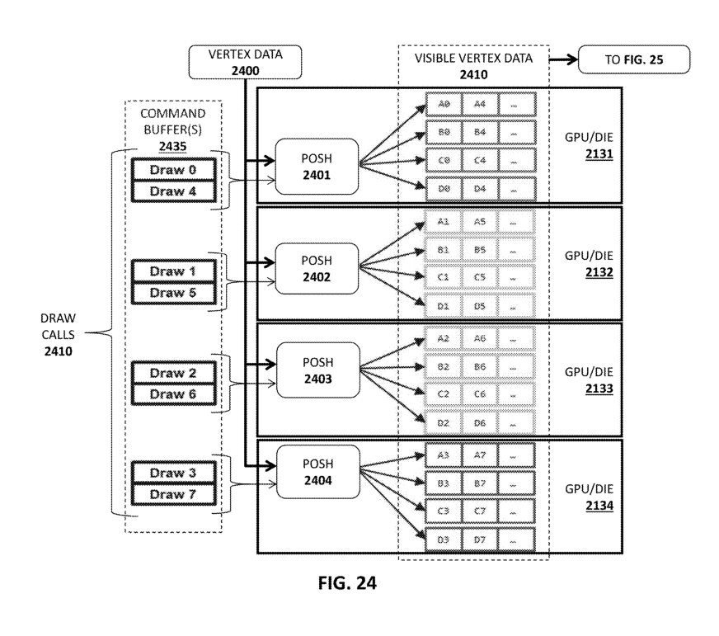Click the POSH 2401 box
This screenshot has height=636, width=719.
pos(317,166)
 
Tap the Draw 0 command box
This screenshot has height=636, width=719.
pos(173,170)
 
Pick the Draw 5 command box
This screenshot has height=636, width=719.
pos(173,292)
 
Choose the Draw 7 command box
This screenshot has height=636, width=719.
pos(173,494)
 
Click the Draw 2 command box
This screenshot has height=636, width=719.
pos(173,373)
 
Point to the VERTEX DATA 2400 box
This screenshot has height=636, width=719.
pos(245,62)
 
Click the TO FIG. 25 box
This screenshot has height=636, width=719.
pos(633,60)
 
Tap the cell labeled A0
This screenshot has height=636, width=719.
pos(444,104)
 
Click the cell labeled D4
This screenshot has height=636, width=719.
pos(479,190)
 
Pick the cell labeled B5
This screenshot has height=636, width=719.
pos(479,249)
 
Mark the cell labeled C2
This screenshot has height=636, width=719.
pos(444,394)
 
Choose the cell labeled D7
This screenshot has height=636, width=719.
pos(479,540)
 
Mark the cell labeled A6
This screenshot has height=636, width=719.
pos(479,338)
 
